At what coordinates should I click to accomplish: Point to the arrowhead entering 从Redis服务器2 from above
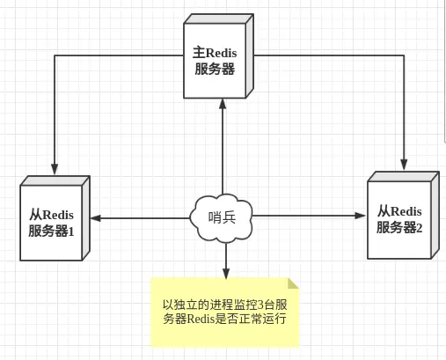point(405,165)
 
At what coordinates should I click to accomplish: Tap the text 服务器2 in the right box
point(400,228)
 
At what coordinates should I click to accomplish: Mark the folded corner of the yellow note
point(293,283)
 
